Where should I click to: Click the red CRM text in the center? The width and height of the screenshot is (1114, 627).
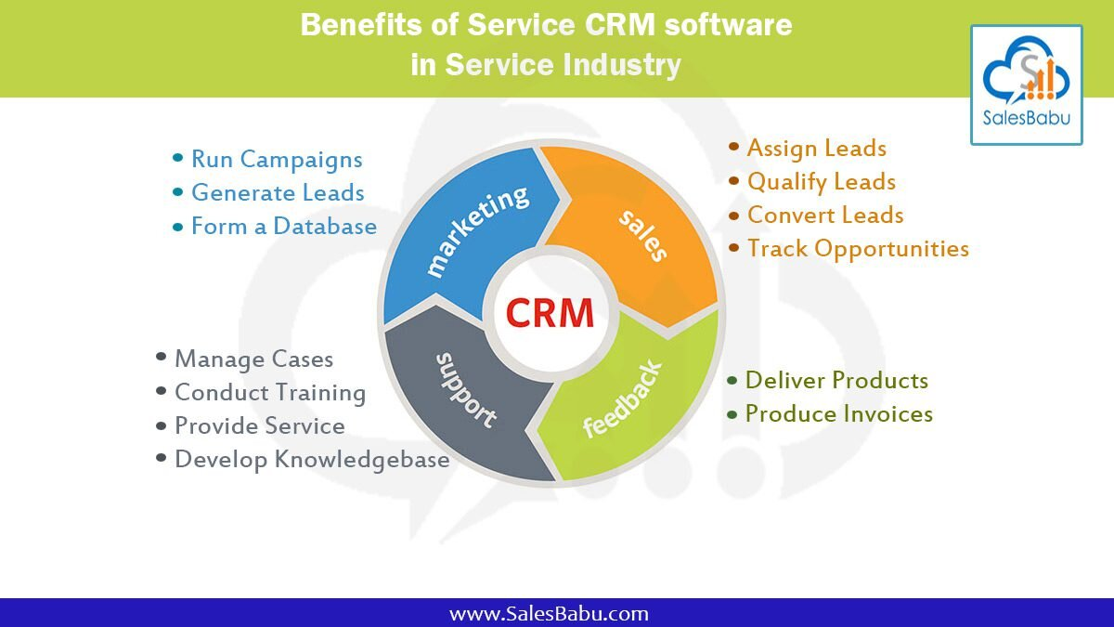pos(550,311)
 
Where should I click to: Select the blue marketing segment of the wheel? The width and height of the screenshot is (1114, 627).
pos(464,232)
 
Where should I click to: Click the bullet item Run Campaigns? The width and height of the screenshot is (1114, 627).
pos(276,160)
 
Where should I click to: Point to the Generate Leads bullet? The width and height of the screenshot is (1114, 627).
pos(277,193)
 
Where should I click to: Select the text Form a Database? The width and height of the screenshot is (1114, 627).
pos(283,227)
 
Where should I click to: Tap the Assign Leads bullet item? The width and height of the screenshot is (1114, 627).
pos(816,149)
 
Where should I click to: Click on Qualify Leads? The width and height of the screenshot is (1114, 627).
pos(821,182)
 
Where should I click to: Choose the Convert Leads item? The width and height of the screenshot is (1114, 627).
pos(824,216)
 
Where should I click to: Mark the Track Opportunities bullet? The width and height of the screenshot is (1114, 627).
pos(857,249)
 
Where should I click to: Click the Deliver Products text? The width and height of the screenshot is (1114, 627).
pos(835,381)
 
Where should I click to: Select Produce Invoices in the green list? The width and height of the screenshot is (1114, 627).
pos(838,414)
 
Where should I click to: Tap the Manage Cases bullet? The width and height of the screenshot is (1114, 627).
pos(253,359)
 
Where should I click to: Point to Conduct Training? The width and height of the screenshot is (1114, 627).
pos(269,393)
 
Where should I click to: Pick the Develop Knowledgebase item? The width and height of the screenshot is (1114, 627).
pos(311,460)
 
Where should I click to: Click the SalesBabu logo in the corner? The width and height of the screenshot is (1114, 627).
pos(1026,85)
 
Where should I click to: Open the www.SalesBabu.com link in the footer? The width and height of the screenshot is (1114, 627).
pos(549,614)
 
